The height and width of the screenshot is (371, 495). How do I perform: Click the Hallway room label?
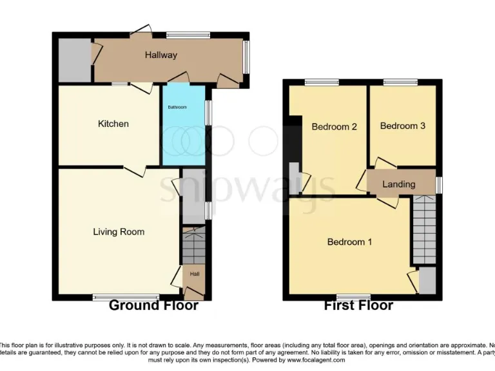(x=160, y=55)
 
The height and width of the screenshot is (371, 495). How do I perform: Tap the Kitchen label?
(x=113, y=124)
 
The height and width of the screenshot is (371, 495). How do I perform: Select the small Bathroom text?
(x=177, y=107)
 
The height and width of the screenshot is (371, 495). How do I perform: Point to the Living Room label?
(x=119, y=232)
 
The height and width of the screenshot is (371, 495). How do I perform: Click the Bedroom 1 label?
(x=349, y=242)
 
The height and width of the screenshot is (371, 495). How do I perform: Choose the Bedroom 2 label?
(x=334, y=127)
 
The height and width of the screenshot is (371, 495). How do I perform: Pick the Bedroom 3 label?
(x=402, y=126)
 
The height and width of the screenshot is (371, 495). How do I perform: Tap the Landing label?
(x=398, y=184)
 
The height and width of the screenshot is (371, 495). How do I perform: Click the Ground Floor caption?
(x=153, y=305)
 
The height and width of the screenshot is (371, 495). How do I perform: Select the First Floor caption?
(x=358, y=305)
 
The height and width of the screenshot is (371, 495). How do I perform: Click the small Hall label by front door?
(x=194, y=274)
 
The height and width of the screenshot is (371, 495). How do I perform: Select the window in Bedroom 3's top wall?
(x=400, y=82)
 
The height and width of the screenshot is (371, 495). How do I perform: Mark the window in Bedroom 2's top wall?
(x=322, y=82)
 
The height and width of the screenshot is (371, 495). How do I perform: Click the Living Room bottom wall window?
(x=112, y=297)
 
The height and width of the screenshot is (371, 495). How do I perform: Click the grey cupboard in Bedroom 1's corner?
(x=427, y=281)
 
